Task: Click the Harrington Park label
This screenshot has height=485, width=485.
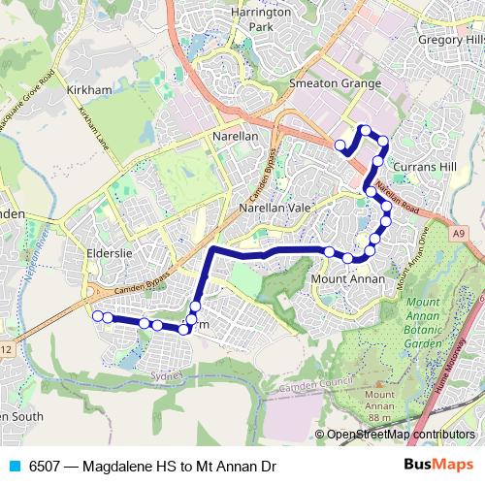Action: click(x=261, y=19)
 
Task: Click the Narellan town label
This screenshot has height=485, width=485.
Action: click(x=235, y=137)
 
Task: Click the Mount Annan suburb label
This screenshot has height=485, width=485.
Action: click(x=346, y=279)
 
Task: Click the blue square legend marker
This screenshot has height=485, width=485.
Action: click(x=13, y=467)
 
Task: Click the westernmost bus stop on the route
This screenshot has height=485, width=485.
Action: click(x=96, y=315)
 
